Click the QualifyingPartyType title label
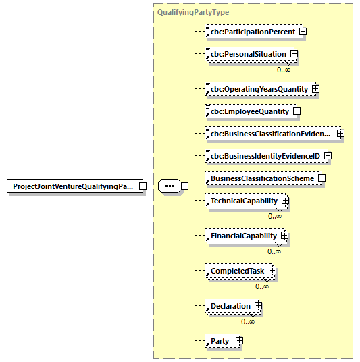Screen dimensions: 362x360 (192, 12)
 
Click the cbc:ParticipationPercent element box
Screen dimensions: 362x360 (252, 31)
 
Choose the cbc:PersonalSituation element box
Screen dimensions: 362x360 (247, 53)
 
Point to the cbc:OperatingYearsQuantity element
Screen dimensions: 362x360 (258, 88)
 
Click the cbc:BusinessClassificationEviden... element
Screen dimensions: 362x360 (270, 134)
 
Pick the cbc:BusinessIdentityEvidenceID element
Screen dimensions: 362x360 (264, 156)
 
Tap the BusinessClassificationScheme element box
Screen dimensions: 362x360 (261, 178)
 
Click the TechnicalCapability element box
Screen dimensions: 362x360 (243, 201)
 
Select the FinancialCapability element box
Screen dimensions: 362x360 (243, 236)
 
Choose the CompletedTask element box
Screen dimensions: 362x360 (237, 271)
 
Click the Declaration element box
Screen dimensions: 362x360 (230, 306)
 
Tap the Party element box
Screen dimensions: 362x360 (220, 341)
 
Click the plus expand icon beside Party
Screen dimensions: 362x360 (238, 341)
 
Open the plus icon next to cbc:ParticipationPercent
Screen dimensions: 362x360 (303, 31)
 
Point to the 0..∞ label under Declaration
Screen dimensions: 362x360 (248, 321)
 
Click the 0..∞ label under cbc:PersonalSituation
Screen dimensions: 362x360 (284, 69)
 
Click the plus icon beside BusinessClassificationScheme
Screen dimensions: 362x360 (322, 178)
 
